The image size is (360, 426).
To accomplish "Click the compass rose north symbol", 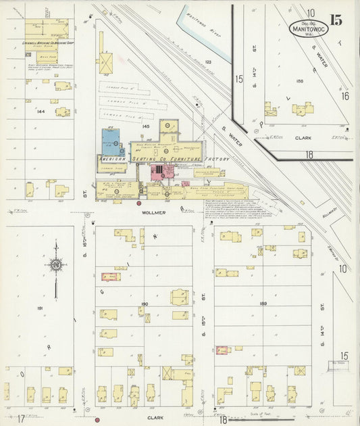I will coord(55,264).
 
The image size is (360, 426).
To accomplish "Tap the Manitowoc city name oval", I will coord(309,29).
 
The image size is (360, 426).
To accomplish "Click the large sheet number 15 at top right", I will coord(336,20).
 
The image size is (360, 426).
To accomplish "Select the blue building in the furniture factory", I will coord(111,141).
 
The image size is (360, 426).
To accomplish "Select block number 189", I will coord(263,304).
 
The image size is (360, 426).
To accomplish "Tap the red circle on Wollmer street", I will coord(138,203).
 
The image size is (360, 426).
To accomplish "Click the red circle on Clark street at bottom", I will coord(97,420).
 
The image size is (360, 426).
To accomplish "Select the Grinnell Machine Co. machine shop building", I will coord(47,28).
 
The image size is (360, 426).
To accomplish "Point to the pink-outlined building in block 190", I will coord(110,276).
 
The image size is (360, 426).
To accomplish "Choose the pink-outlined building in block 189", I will coord(222,350).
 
